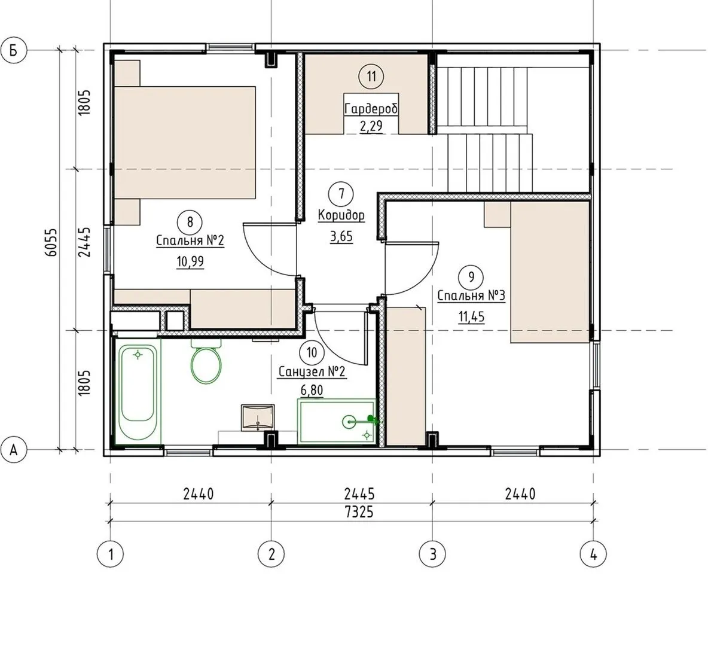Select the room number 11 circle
371,77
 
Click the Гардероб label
371,109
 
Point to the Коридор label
341,215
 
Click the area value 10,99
190,261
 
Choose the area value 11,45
471,316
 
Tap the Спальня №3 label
471,296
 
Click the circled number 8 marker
190,222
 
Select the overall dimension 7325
359,512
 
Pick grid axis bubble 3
432,553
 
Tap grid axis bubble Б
14,50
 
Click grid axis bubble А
14,450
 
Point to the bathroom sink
257,418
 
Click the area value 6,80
312,389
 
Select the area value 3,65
341,236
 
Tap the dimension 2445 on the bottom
359,493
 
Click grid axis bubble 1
111,553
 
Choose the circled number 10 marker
312,352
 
